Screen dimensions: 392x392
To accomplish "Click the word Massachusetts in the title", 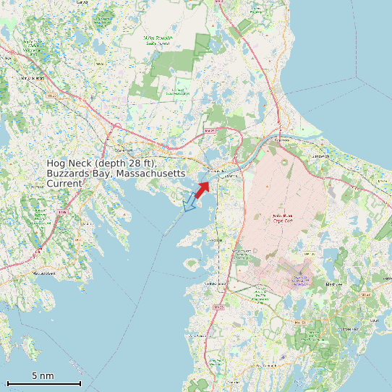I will pyautogui.click(x=153, y=174).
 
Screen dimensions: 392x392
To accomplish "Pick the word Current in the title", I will pyautogui.click(x=64, y=184).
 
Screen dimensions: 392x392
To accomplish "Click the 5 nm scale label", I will pyautogui.click(x=43, y=375).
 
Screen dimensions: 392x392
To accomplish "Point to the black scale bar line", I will pyautogui.click(x=43, y=383).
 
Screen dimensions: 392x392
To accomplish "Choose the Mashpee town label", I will pyautogui.click(x=334, y=284).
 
